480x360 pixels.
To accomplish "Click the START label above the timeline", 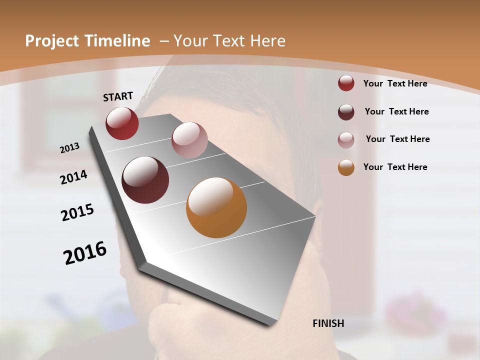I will click(118, 96).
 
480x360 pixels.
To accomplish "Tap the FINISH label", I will click(328, 323).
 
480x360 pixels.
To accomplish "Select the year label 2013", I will click(70, 147).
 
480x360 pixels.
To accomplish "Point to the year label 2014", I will click(73, 177).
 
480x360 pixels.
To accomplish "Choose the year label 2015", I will click(77, 212).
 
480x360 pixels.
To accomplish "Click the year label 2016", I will click(85, 252).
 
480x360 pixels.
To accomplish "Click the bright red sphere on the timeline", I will click(122, 123).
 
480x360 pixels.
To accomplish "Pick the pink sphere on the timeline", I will click(189, 139).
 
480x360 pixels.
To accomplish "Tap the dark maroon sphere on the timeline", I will click(145, 180).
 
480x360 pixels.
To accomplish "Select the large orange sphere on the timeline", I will click(216, 207).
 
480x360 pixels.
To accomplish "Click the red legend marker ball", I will click(346, 83).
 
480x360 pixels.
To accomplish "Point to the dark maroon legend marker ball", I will click(346, 112).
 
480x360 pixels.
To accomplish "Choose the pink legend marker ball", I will click(346, 139).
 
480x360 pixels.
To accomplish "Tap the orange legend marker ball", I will click(346, 167).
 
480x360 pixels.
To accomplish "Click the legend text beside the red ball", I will click(395, 83).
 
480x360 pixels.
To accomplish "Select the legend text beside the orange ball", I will click(395, 167).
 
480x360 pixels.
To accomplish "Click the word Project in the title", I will click(51, 41).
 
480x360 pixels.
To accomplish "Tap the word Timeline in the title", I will click(117, 41).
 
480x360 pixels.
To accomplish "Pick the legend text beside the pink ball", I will click(397, 139).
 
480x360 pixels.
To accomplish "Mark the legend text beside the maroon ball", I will click(396, 111).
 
